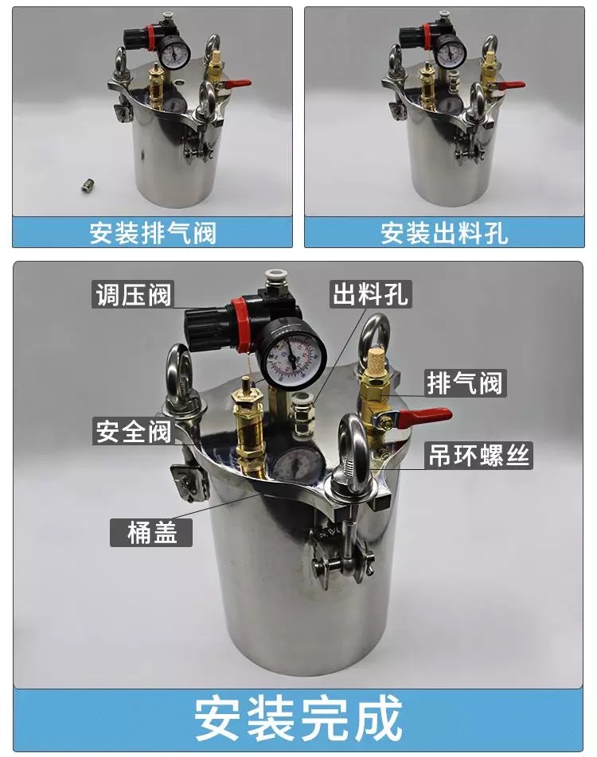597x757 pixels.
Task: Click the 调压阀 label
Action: tap(133, 294)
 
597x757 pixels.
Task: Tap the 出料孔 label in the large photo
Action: tap(371, 293)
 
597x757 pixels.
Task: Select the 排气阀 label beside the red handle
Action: tap(465, 383)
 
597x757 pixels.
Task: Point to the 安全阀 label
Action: tap(133, 431)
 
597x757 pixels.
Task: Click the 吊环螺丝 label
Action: tap(478, 456)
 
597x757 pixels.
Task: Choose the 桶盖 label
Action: tap(151, 533)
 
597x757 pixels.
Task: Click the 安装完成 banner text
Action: tap(298, 718)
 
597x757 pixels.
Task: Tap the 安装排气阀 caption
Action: tap(152, 233)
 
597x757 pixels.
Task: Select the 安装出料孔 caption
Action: tap(444, 233)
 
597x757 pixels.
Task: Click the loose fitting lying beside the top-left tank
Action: tap(87, 186)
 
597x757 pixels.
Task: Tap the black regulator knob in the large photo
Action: tap(202, 329)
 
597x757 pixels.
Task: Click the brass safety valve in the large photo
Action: tap(248, 425)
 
